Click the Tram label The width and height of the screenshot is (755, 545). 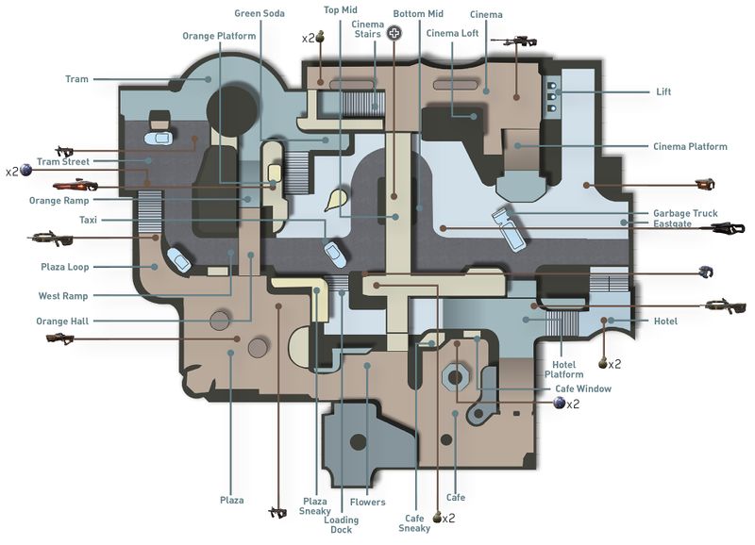(x=76, y=79)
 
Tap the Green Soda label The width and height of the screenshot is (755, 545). (x=260, y=13)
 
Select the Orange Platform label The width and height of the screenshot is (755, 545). (x=219, y=36)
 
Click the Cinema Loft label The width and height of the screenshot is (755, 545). (x=452, y=33)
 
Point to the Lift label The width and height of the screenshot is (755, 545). (x=664, y=92)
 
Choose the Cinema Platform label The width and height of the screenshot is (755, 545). (x=690, y=146)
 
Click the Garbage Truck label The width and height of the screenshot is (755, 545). (x=685, y=213)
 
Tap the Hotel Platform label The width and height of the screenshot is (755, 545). (x=563, y=370)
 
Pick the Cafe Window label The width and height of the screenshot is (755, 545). (x=582, y=388)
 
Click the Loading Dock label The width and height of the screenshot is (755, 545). (x=341, y=524)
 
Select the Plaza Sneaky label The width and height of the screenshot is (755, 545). (x=314, y=507)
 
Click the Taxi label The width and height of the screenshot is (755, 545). (x=88, y=219)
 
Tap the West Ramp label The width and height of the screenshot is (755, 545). (x=62, y=296)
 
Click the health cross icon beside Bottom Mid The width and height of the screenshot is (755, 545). (x=394, y=33)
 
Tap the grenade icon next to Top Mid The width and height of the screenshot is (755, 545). (x=320, y=38)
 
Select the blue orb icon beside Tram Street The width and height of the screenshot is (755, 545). (x=26, y=171)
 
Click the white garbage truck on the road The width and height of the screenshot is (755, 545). (x=507, y=228)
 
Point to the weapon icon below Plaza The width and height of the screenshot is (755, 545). (x=277, y=512)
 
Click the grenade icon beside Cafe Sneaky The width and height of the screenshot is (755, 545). (x=437, y=518)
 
